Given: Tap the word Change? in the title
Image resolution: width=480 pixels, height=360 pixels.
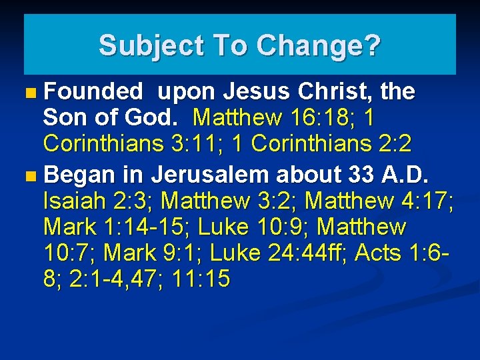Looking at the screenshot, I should pyautogui.click(x=317, y=45).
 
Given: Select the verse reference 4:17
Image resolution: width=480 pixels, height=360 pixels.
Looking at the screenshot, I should pyautogui.click(x=427, y=200).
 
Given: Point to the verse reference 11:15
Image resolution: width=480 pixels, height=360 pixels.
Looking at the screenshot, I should pyautogui.click(x=201, y=279).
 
